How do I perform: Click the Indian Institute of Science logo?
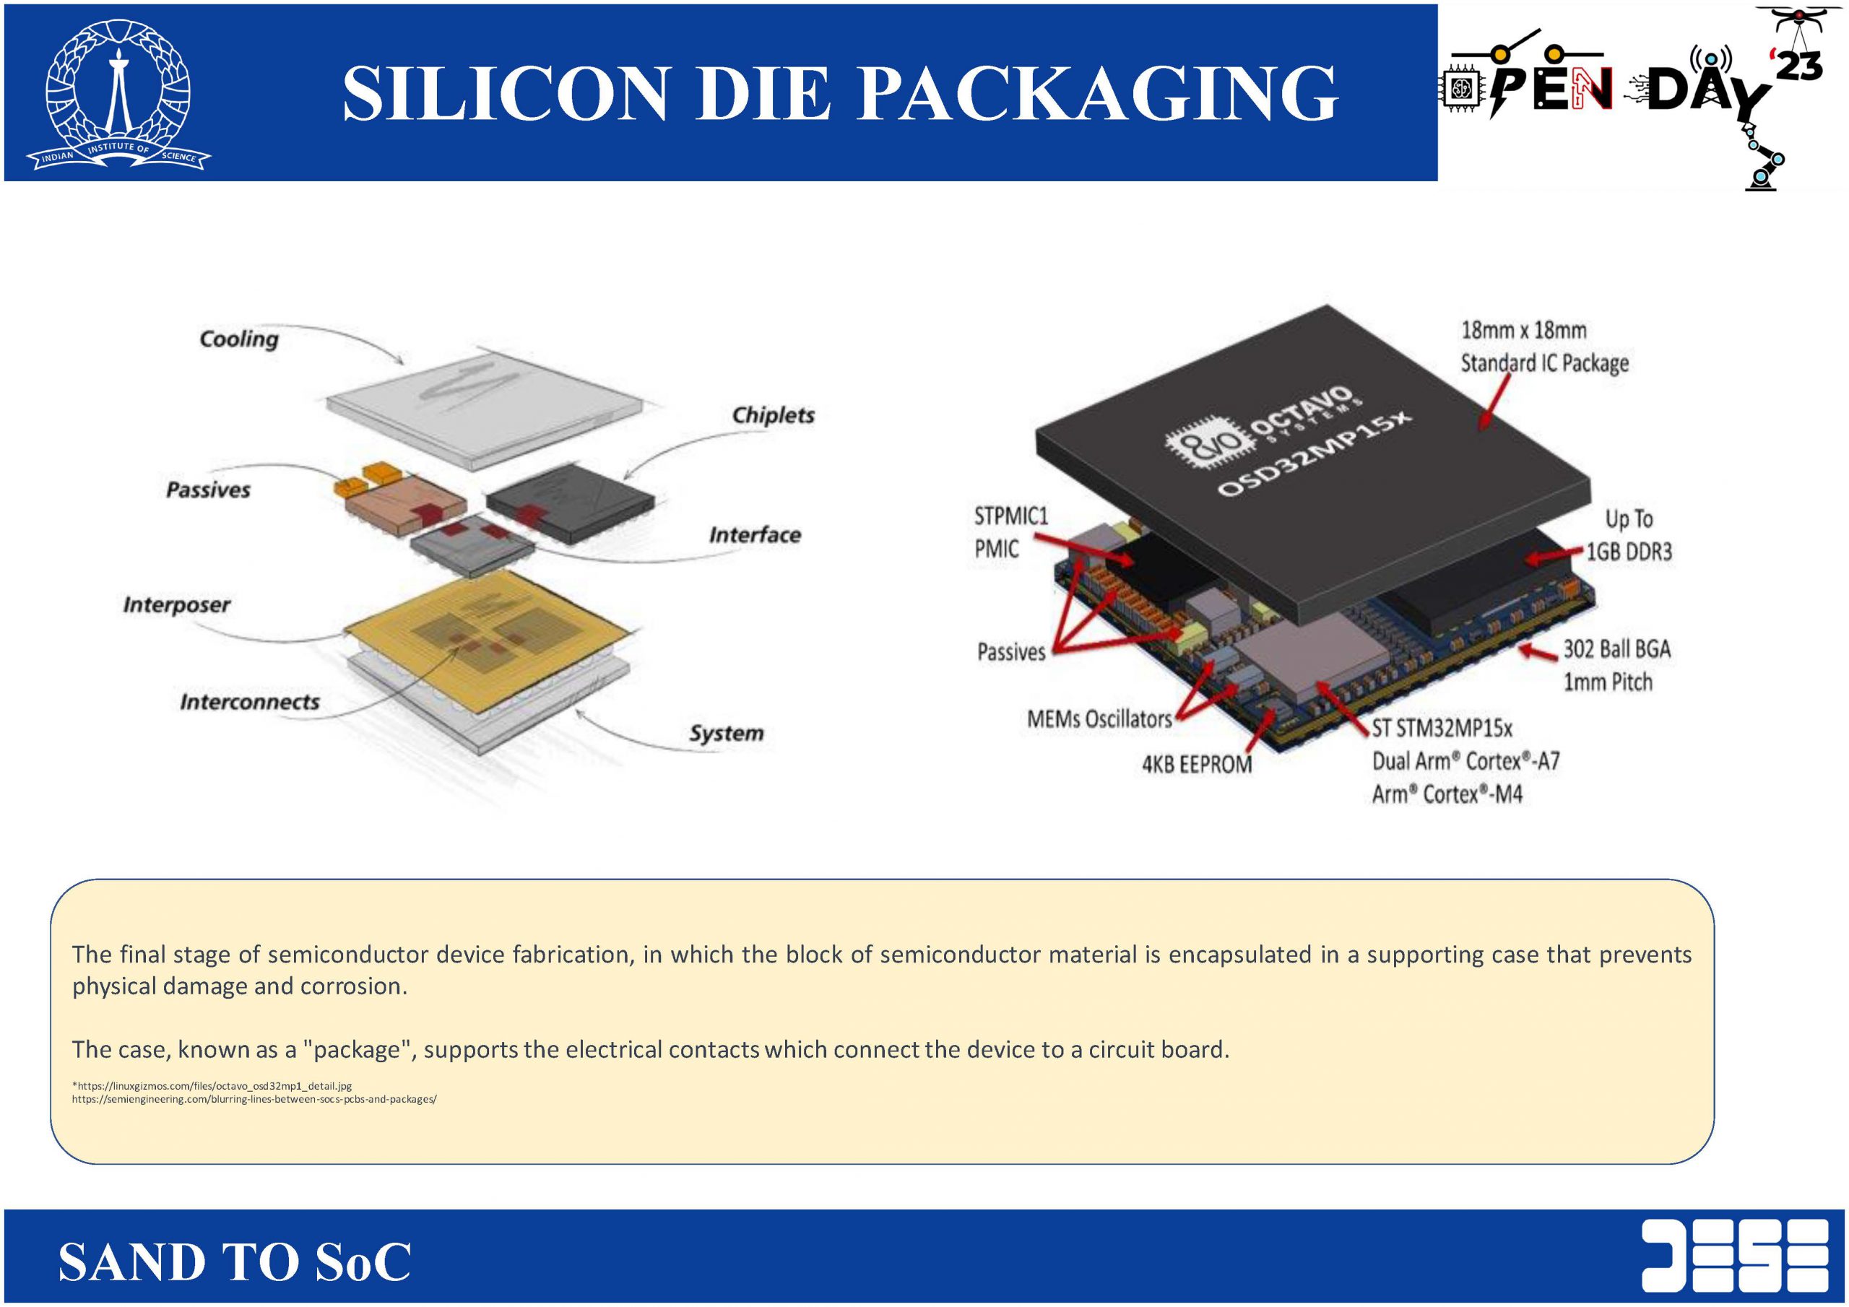118,92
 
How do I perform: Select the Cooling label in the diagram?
238,339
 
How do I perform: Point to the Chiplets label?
772,415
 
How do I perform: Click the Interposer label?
176,605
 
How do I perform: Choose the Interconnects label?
249,702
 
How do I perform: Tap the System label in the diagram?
726,734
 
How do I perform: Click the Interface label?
755,536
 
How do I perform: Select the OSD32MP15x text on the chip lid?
1312,455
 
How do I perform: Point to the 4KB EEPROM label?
1197,764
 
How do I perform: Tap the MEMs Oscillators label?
1099,719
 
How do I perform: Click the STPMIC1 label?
1010,516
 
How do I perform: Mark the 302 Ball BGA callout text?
1616,649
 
